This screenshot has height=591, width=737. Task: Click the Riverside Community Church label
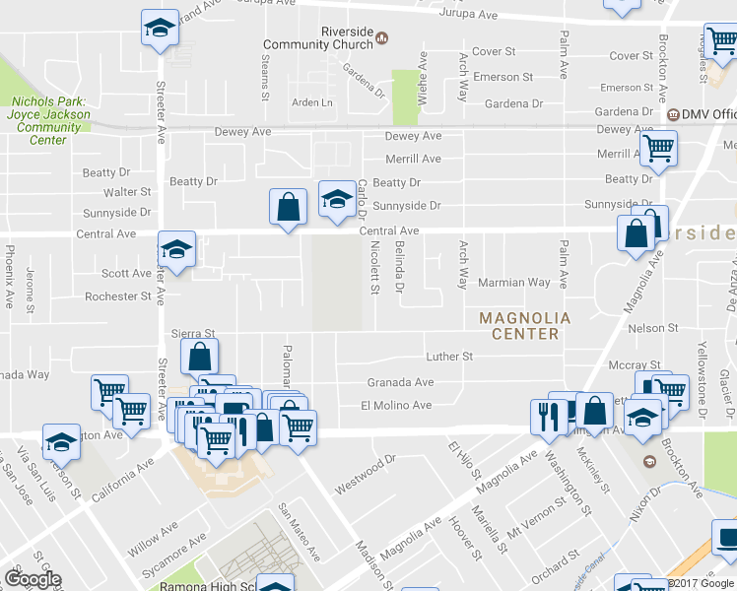(x=318, y=38)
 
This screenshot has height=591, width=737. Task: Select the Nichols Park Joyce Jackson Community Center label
(x=47, y=120)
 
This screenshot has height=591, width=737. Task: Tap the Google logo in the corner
(x=33, y=579)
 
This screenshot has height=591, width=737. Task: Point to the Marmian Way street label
(x=513, y=282)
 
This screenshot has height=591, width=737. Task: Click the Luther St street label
(x=449, y=356)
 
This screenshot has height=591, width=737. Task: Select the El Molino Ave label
(x=396, y=405)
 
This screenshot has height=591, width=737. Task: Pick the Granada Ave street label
(x=400, y=382)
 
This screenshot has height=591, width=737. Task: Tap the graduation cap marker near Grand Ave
(x=159, y=28)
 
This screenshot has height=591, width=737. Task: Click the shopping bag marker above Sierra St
(x=199, y=356)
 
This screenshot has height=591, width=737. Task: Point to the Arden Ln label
(x=312, y=102)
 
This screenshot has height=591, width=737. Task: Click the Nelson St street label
(x=652, y=327)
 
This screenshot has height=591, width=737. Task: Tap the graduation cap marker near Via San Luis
(x=61, y=442)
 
